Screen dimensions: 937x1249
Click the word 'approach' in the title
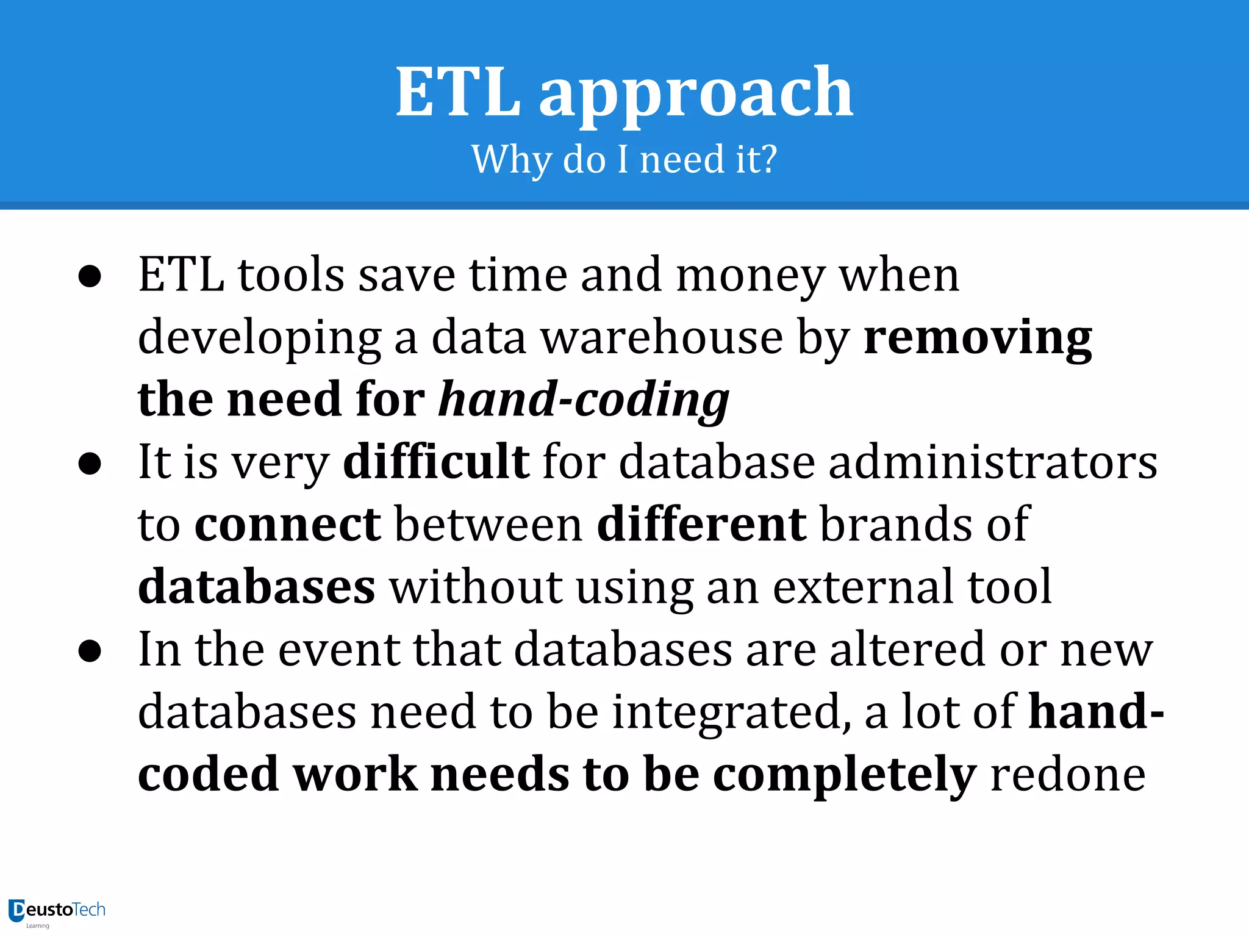tap(696, 95)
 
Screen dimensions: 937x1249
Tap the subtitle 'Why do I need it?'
tap(624, 159)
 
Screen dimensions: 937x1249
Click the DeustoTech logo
tap(57, 911)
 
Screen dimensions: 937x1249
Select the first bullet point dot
tap(90, 276)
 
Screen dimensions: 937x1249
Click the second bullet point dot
tap(90, 464)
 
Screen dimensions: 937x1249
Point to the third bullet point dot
tap(90, 651)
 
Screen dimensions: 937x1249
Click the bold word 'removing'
tap(978, 339)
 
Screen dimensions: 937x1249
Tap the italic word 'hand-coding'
tap(584, 400)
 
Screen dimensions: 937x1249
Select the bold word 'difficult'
tap(436, 462)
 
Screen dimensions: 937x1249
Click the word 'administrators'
tap(993, 462)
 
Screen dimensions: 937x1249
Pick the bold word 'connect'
tap(287, 525)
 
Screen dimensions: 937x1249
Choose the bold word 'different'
tap(701, 525)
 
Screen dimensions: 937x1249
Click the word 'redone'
tap(1068, 775)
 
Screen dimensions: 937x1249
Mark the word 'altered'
tap(907, 650)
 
